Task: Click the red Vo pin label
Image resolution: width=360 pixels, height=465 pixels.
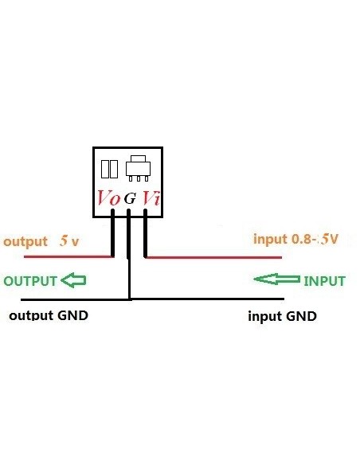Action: [109, 199]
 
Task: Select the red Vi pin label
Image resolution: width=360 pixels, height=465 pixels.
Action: [151, 199]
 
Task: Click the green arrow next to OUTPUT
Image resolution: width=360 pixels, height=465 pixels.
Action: [74, 280]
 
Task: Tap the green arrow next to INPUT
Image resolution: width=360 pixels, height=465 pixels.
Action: [276, 280]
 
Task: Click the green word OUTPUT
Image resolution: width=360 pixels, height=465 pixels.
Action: [30, 281]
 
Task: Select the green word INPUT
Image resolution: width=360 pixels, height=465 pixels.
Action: [324, 281]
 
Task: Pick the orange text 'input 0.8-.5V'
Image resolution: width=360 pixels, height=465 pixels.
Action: [295, 239]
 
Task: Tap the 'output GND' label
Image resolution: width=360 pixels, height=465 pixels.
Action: [48, 315]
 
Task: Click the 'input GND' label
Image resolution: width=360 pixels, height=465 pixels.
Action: [282, 316]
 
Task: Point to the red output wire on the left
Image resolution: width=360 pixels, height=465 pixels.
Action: [68, 256]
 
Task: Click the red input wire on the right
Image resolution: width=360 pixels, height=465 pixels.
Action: [215, 257]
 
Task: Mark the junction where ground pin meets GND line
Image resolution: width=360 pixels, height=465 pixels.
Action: [129, 299]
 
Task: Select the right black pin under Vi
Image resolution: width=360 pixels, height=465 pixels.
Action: [146, 236]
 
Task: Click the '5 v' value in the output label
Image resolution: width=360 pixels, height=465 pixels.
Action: [69, 241]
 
